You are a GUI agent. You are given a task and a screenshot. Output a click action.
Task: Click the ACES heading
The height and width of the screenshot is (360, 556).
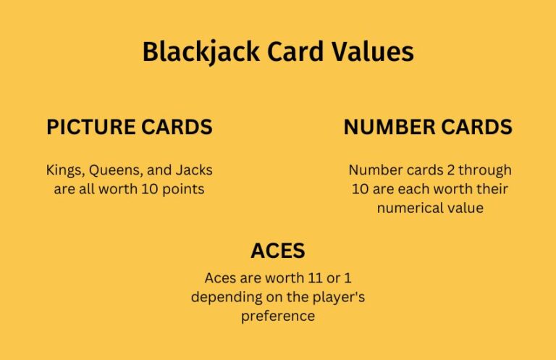pyautogui.click(x=278, y=251)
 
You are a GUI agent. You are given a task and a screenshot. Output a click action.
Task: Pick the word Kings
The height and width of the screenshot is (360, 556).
pyautogui.click(x=66, y=170)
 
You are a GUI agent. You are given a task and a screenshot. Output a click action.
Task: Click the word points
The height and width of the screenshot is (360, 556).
pyautogui.click(x=185, y=190)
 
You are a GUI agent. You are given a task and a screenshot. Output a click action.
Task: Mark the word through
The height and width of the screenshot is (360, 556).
pyautogui.click(x=484, y=170)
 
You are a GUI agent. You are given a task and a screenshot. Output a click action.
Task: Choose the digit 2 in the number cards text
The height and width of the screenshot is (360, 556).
pyautogui.click(x=445, y=170)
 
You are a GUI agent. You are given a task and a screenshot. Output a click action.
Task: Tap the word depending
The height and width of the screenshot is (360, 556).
pyautogui.click(x=221, y=297)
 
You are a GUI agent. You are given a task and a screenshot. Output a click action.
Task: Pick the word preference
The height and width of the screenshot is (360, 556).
pyautogui.click(x=278, y=317)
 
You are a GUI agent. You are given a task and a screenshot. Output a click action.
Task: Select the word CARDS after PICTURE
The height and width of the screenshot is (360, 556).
pyautogui.click(x=179, y=127)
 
